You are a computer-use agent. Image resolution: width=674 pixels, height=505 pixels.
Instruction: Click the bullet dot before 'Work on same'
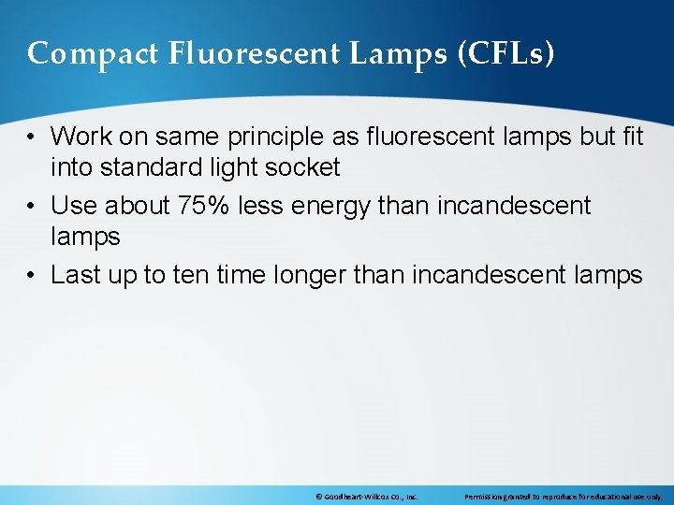[x=32, y=137]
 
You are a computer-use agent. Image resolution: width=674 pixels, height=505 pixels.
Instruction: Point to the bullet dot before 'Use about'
[x=32, y=206]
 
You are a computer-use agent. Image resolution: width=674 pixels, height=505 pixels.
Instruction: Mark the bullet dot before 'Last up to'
[x=32, y=275]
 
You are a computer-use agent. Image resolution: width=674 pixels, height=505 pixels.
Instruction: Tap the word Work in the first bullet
[x=80, y=137]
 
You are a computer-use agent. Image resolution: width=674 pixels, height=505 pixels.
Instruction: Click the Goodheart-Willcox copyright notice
[x=367, y=496]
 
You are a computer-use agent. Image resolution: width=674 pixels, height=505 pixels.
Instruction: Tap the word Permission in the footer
[x=485, y=496]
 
